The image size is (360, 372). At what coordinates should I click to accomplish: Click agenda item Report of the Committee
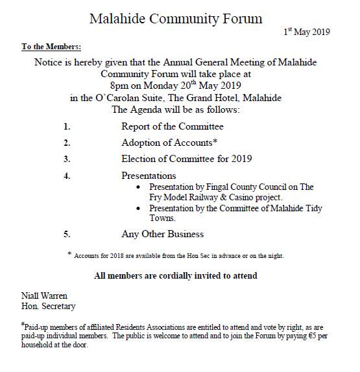point(172,126)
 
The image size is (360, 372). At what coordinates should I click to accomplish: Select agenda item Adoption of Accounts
point(169,143)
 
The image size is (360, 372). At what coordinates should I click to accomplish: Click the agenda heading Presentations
point(149,176)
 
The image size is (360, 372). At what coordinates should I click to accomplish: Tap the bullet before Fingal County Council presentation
point(142,187)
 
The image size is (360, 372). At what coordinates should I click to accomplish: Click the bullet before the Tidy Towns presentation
point(142,209)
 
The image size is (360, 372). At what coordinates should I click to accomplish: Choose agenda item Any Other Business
point(162,234)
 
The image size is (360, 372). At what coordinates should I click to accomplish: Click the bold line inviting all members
point(175,276)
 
